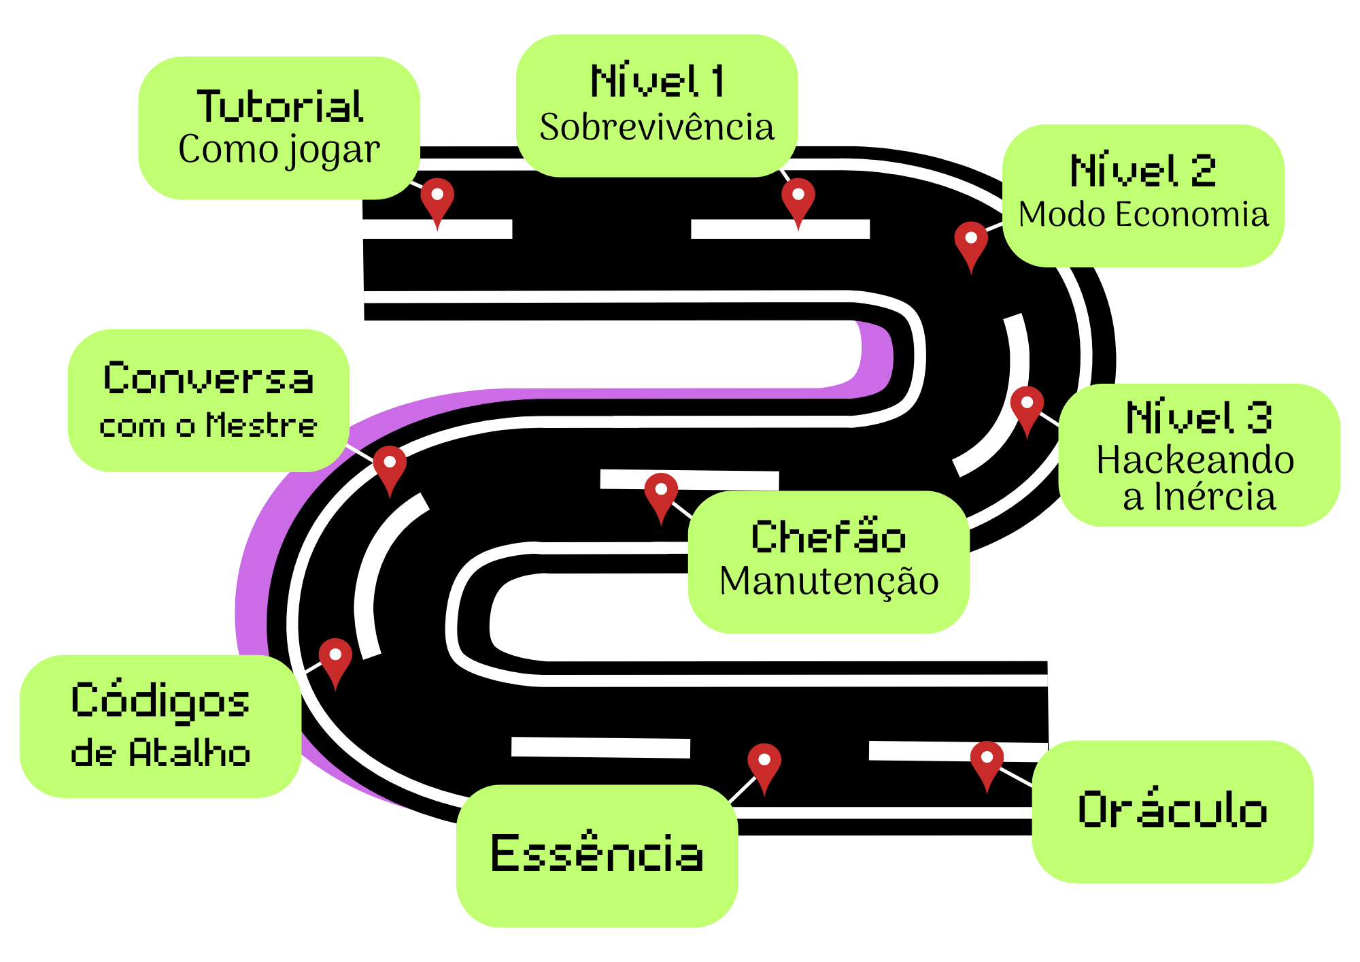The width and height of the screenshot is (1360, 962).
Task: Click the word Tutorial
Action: click(280, 106)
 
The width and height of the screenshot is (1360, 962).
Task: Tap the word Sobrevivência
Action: click(657, 127)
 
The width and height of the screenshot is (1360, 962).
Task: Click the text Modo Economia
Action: click(1144, 214)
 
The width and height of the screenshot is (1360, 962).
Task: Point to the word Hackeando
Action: click(1195, 460)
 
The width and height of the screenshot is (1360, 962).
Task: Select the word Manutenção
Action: click(830, 582)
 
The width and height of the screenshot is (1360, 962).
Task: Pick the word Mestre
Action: click(262, 425)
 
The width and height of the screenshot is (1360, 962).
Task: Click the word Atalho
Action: click(190, 753)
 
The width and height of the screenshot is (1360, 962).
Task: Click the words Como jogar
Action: click(279, 150)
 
